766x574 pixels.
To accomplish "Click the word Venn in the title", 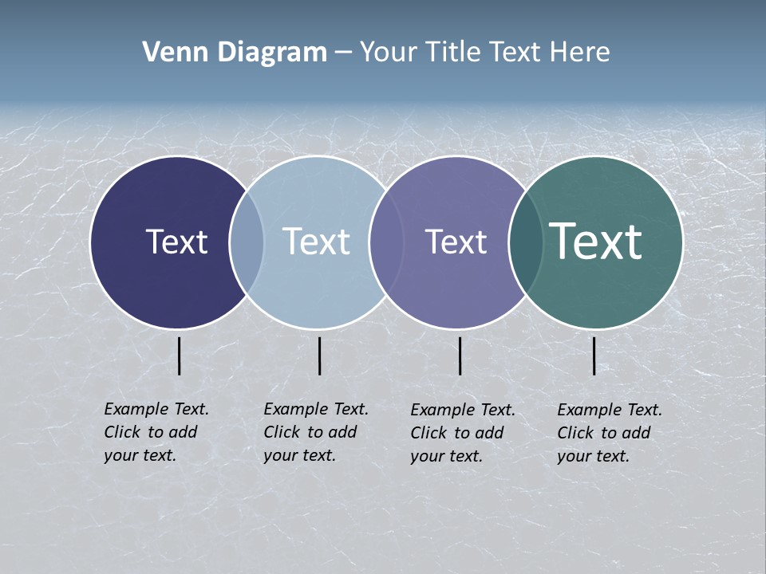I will [172, 53].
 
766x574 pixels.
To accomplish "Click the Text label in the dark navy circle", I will [176, 242].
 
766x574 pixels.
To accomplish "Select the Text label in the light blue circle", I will [316, 242].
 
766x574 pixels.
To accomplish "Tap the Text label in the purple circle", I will [456, 242].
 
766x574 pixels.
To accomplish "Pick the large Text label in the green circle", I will [595, 241].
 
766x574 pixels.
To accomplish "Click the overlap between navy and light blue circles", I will [247, 242].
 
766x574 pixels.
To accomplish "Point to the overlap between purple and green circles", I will [526, 242].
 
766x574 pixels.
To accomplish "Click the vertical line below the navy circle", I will [180, 356].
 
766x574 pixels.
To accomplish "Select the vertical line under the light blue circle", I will [319, 356].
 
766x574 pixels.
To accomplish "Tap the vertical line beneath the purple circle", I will [460, 356].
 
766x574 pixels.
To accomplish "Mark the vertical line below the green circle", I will [594, 356].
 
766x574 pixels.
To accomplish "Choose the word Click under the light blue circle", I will [282, 432].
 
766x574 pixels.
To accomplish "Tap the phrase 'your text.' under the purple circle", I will [447, 456].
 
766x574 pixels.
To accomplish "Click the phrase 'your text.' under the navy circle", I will [140, 455].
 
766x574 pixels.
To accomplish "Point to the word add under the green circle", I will [636, 433].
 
